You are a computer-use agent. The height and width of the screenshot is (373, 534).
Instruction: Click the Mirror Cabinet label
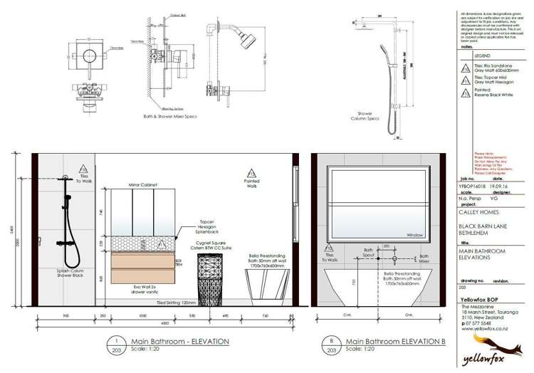pos(143,184)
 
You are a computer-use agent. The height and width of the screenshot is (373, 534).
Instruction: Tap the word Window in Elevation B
pos(415,233)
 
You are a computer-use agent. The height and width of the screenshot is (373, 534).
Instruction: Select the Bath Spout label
pos(368,253)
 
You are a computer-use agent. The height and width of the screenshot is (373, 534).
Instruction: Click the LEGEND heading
pos(482,55)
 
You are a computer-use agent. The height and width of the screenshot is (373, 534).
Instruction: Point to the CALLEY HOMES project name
pos(477,211)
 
